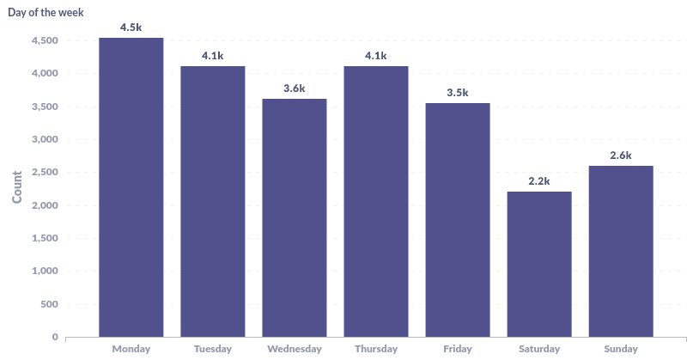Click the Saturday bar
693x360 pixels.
point(539,264)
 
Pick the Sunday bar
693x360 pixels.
point(621,251)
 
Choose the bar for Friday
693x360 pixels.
point(458,220)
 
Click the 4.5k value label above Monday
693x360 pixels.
point(131,27)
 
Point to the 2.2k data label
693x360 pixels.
point(539,180)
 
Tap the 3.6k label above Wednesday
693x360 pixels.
point(295,88)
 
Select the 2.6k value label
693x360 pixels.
point(621,156)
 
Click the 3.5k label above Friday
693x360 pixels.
point(458,93)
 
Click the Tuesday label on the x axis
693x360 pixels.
point(213,349)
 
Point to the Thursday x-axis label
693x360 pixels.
point(376,349)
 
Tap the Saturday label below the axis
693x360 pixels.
point(539,349)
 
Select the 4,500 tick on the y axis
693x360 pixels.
point(44,41)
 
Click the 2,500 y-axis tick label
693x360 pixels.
point(44,173)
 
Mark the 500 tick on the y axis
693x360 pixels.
point(48,304)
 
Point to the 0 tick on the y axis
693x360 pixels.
point(55,337)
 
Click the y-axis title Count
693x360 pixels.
point(17,188)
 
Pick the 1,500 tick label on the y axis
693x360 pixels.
point(44,238)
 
